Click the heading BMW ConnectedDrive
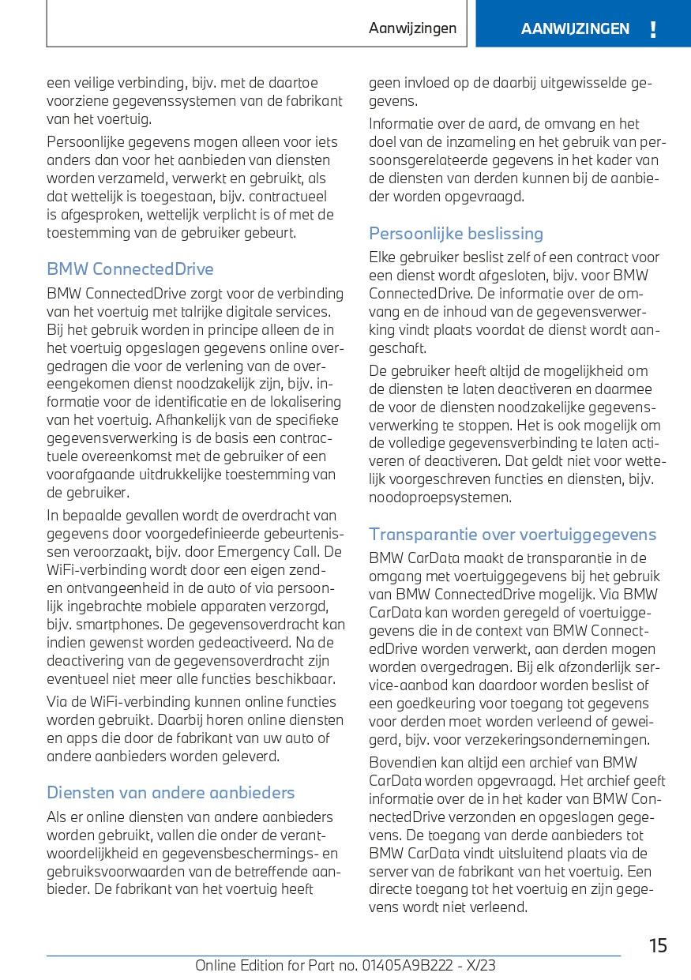(x=130, y=269)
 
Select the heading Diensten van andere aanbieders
(x=171, y=793)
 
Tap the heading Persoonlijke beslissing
(x=456, y=234)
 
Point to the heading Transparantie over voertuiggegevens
(x=513, y=535)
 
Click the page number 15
(x=657, y=946)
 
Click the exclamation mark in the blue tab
(x=652, y=30)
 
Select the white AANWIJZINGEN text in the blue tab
(x=575, y=29)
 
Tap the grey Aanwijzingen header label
(x=412, y=28)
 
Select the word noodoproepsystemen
(x=440, y=498)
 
